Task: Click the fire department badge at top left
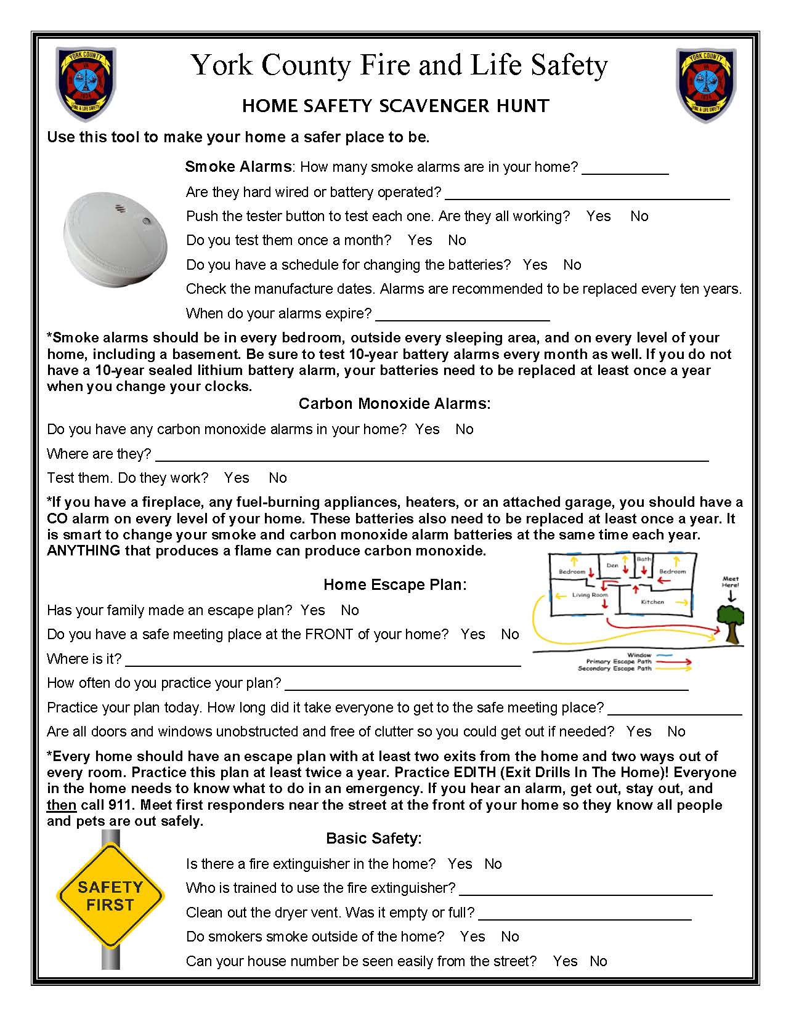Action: tap(85, 84)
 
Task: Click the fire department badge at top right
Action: tap(706, 84)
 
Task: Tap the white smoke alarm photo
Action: tap(115, 238)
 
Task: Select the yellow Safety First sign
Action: tap(110, 896)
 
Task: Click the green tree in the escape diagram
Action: tap(731, 622)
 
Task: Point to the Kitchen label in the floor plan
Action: tap(652, 602)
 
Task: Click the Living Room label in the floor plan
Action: tap(590, 595)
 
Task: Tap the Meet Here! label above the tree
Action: tap(731, 582)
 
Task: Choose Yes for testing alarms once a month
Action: tap(420, 240)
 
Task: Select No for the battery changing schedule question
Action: tap(572, 265)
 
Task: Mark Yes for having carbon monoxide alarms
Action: tap(427, 429)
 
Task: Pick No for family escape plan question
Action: tap(349, 610)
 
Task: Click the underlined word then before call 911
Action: tap(62, 805)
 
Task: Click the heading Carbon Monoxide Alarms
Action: tap(394, 404)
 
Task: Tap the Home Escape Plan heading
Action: tap(395, 584)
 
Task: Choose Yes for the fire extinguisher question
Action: tap(460, 864)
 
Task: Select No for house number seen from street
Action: tap(598, 961)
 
